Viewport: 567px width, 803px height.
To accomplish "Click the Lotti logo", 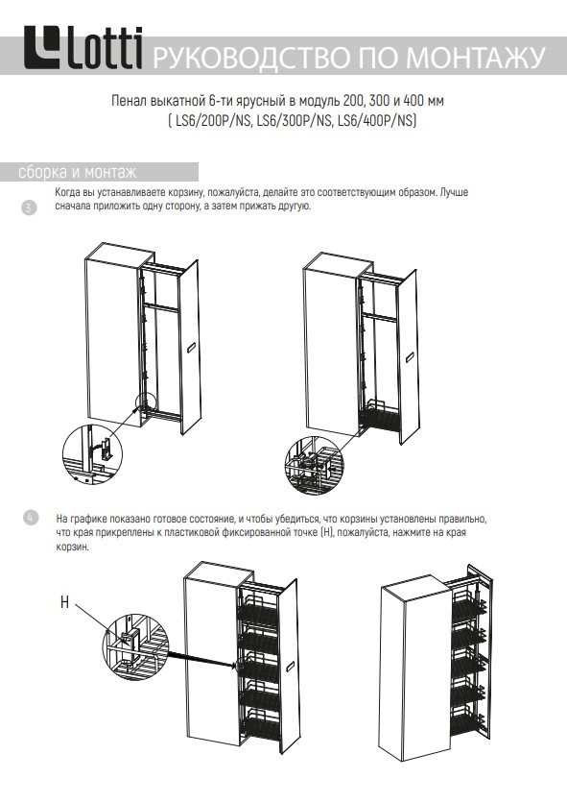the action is point(83,48).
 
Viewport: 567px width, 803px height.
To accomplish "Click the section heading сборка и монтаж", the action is point(78,172).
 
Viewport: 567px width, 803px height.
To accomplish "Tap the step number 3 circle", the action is point(29,207).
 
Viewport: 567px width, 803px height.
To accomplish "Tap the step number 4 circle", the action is point(30,518).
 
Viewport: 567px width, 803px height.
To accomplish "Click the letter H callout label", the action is point(64,601).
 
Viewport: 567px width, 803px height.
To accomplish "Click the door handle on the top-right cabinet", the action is point(410,357).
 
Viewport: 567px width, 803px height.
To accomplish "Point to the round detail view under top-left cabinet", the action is point(90,452).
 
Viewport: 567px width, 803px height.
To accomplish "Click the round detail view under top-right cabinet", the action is point(313,465).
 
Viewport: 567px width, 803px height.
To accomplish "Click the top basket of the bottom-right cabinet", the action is point(467,604).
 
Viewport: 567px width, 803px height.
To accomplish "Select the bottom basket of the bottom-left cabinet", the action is point(259,724).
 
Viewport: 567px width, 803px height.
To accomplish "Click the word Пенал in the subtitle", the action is point(128,100).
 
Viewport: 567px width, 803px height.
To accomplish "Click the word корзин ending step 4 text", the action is point(73,547).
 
